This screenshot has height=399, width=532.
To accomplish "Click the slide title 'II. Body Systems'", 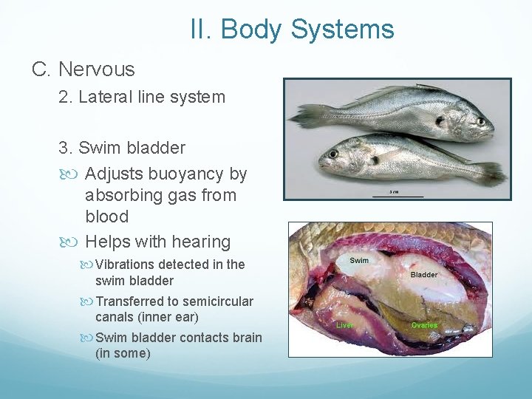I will coord(292,30).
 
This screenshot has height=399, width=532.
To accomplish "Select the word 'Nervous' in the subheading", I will coord(96,69).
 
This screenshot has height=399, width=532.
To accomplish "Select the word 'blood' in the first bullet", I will coord(106,216).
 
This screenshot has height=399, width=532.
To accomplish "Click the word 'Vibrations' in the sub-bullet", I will coord(126,265).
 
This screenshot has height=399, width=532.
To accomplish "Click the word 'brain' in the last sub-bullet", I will coord(247,338).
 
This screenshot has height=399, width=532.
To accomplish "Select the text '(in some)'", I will coord(123,353).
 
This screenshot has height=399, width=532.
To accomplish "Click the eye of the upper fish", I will coord(481,121).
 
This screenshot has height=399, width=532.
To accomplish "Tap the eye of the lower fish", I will coord(332,154).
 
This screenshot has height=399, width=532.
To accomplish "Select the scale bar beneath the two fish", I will coord(398,196).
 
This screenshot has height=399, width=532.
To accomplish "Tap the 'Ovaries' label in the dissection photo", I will coord(424,325).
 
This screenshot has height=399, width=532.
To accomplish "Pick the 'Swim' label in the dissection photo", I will coord(359,260).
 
